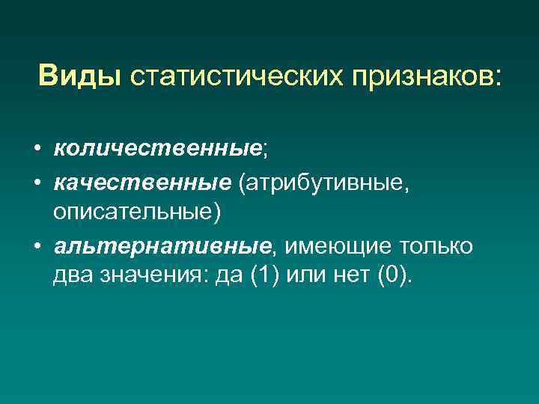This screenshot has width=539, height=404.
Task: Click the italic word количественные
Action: click(x=156, y=150)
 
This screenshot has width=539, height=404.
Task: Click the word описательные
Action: click(x=136, y=213)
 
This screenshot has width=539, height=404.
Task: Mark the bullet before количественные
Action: click(x=37, y=150)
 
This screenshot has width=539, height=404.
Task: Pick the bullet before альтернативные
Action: click(x=37, y=247)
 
